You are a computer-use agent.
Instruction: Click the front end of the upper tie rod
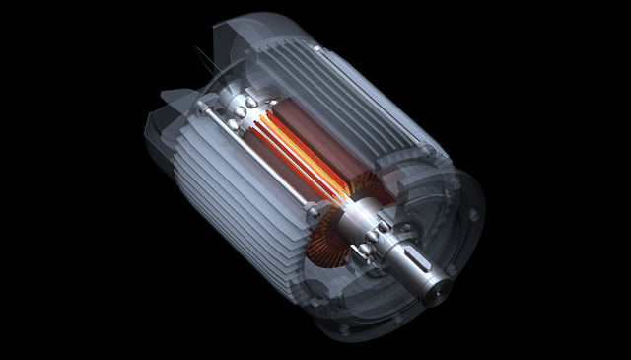tap(425, 149)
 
